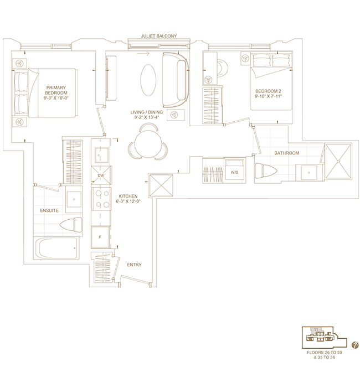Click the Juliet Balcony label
click(x=159, y=36)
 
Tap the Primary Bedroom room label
click(x=56, y=90)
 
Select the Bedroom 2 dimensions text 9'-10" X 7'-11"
click(x=268, y=96)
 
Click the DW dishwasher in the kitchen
click(x=101, y=175)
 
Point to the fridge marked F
click(x=100, y=237)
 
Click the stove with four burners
click(x=101, y=199)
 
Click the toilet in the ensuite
click(x=71, y=225)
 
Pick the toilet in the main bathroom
click(x=266, y=170)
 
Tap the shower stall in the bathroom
click(x=338, y=161)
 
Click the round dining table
click(x=148, y=144)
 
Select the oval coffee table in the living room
click(x=148, y=80)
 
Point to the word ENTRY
click(x=134, y=265)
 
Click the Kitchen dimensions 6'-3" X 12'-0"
click(x=128, y=201)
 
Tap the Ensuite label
click(x=49, y=211)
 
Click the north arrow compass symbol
click(x=355, y=345)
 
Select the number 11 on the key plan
click(x=316, y=330)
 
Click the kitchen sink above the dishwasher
click(x=102, y=155)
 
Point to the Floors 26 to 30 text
click(x=325, y=353)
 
